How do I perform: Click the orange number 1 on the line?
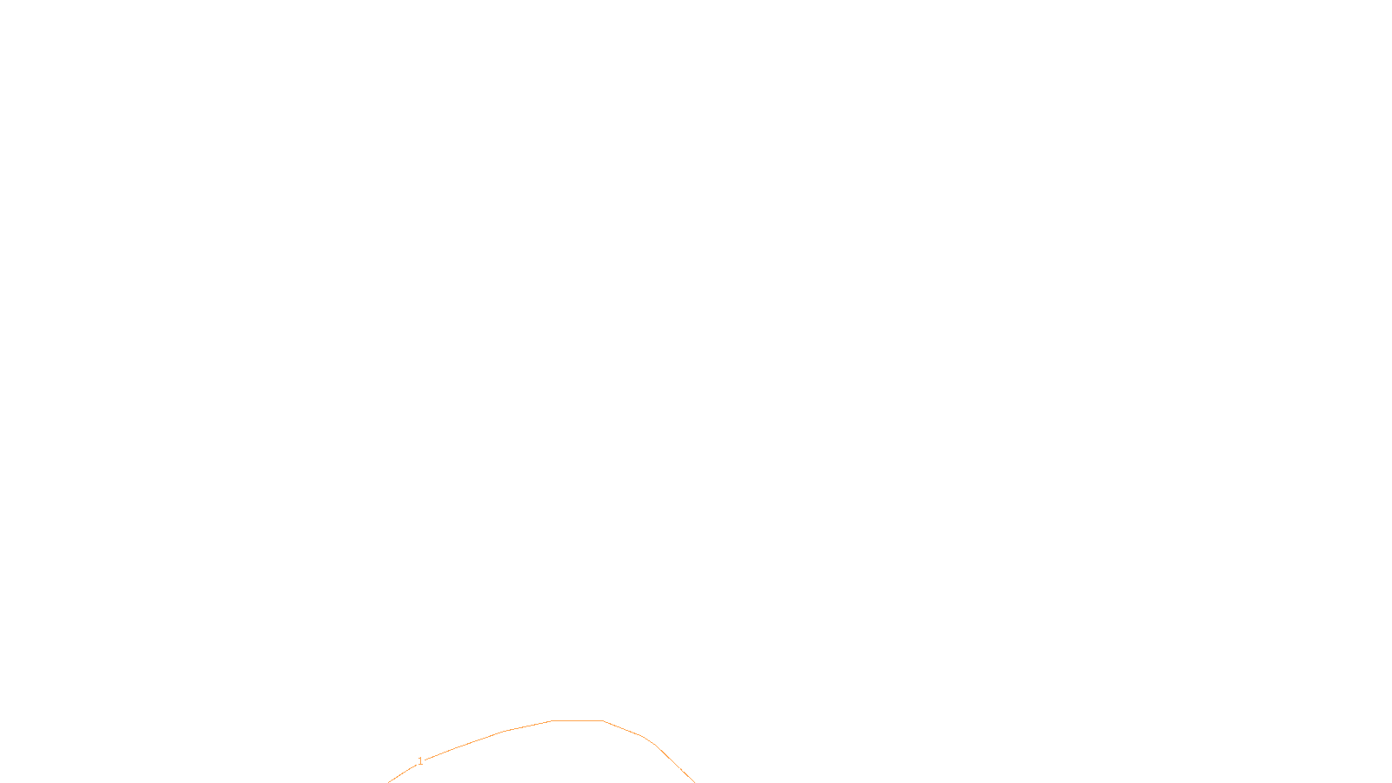(420, 761)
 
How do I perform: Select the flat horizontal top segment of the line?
(578, 721)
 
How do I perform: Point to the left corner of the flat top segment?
(552, 721)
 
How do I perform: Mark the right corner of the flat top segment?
(603, 721)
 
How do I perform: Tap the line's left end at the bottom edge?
(388, 782)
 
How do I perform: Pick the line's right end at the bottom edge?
(695, 782)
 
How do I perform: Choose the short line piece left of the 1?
(402, 773)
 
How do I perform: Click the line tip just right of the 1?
(425, 760)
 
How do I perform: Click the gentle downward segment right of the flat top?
(623, 728)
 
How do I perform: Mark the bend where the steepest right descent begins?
(654, 745)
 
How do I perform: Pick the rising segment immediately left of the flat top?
(527, 726)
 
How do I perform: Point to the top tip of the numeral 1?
(421, 758)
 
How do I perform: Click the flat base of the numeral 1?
(421, 765)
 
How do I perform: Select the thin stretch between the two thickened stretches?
(675, 765)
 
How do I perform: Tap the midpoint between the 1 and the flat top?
(486, 739)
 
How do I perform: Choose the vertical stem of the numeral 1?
(421, 761)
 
